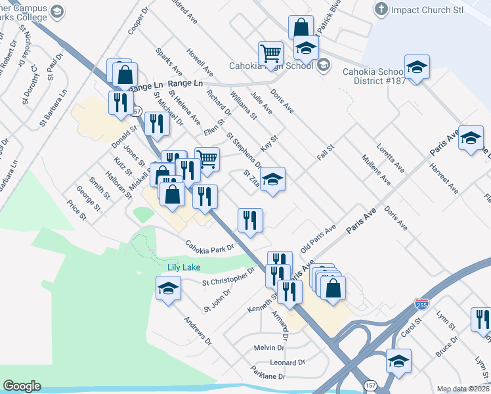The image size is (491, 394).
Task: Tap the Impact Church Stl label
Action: tap(427, 11)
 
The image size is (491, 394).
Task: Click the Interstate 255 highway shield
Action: tap(421, 305)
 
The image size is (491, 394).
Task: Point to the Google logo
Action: tap(22, 386)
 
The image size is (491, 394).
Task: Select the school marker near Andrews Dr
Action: tap(169, 288)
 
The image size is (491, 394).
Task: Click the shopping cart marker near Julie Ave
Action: tap(270, 54)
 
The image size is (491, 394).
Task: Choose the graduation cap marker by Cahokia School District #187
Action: tap(416, 68)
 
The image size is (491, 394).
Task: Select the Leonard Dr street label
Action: tap(288, 362)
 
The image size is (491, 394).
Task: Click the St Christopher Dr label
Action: tap(228, 277)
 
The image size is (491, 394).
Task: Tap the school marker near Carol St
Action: tap(398, 361)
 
